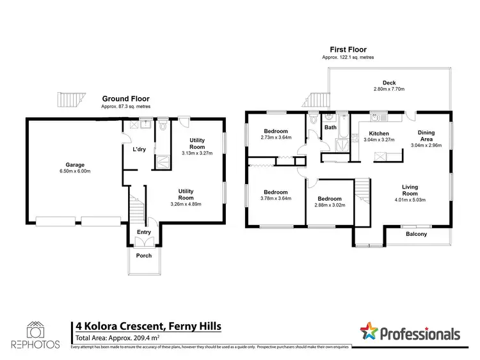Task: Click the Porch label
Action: pyautogui.click(x=143, y=256)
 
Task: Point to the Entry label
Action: pyautogui.click(x=144, y=233)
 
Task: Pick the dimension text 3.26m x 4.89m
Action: pyautogui.click(x=186, y=205)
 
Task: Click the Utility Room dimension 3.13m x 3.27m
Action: pyautogui.click(x=196, y=153)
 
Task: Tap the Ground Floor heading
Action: pyautogui.click(x=125, y=99)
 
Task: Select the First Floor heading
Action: pyautogui.click(x=348, y=49)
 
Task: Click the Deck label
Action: pyautogui.click(x=389, y=82)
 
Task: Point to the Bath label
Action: pyautogui.click(x=330, y=127)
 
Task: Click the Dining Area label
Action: pyautogui.click(x=426, y=136)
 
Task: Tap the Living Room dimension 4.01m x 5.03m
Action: pyautogui.click(x=410, y=200)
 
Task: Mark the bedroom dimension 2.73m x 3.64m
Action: pyautogui.click(x=276, y=137)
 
